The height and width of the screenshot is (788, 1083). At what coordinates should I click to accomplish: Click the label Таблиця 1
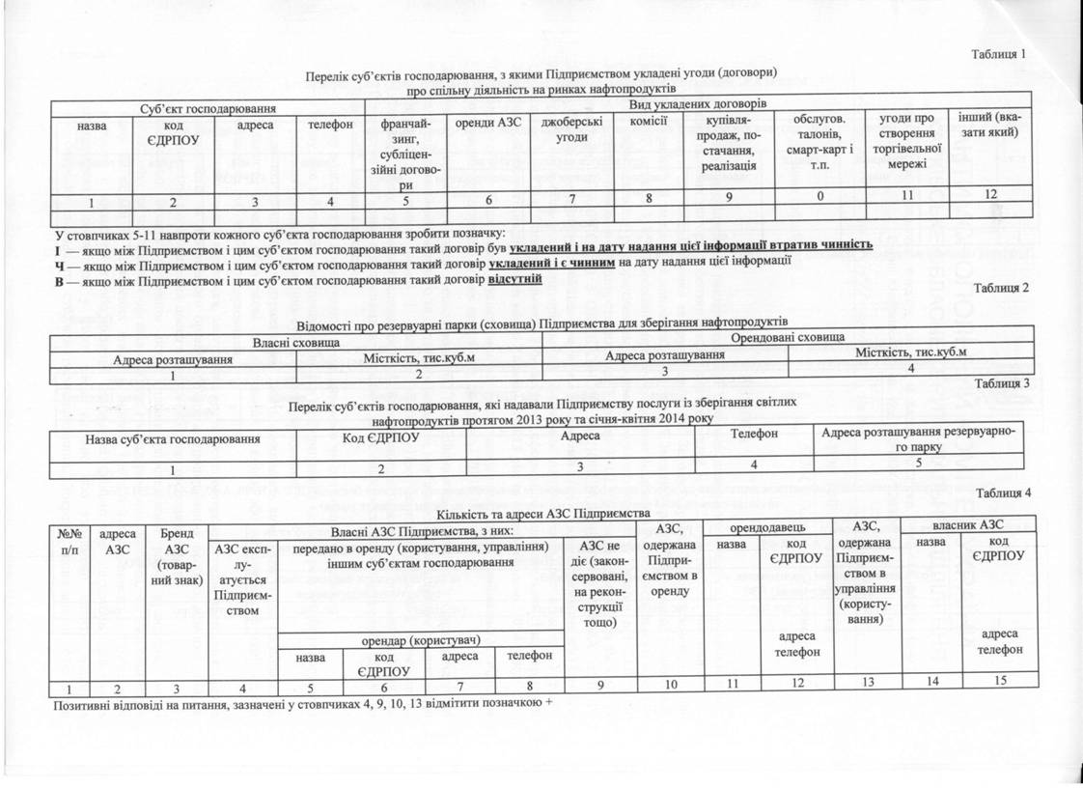coord(998,54)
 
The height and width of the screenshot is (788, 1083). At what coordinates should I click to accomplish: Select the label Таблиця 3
coord(1004,383)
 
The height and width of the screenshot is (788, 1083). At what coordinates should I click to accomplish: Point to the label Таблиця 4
coord(1003,493)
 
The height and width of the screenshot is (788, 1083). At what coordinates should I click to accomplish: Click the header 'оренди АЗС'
coord(485,125)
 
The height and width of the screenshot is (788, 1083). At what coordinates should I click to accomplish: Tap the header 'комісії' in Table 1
coord(649,124)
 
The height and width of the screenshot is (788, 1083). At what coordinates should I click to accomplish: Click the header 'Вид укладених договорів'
coord(698,102)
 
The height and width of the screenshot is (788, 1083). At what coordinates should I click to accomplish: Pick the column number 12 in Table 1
coord(988,196)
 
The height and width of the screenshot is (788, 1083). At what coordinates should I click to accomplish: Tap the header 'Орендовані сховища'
coord(788,336)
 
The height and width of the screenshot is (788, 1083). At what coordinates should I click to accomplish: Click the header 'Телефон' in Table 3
coord(754,435)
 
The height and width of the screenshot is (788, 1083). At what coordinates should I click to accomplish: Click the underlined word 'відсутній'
coord(515,279)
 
